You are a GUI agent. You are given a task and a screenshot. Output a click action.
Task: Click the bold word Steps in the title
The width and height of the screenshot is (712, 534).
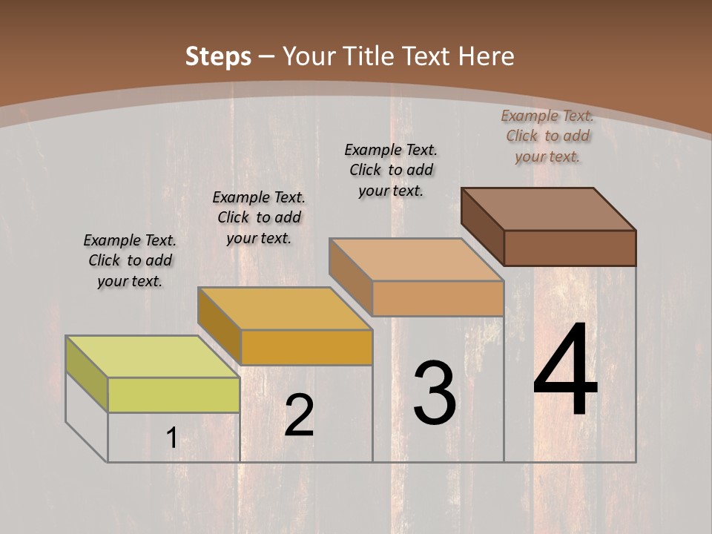point(218,56)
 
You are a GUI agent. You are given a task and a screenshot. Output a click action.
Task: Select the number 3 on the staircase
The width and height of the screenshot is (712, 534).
point(434,393)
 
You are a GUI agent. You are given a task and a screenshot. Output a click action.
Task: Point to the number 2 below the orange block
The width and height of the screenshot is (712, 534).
point(299,415)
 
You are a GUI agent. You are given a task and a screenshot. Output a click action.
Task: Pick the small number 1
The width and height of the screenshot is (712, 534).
point(171,438)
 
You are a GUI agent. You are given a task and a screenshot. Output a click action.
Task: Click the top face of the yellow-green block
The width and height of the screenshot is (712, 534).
point(152,356)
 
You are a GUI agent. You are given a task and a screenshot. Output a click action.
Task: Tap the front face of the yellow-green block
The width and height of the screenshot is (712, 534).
point(174,395)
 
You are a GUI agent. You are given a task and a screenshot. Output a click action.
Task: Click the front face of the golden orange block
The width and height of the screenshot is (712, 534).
point(306,347)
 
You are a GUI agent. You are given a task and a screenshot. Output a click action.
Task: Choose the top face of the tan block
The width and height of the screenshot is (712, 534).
point(416,260)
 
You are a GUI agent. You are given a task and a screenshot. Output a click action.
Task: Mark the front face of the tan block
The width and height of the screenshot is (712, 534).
point(438,298)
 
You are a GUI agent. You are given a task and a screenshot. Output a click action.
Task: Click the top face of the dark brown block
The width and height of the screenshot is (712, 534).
point(548,208)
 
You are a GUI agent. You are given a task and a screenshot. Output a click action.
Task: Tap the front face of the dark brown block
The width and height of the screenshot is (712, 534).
point(570,248)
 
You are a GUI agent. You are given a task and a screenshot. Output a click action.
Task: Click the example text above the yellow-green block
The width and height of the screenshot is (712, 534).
point(130,260)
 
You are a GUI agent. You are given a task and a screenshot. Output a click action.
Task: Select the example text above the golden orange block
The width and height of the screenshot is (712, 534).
point(259,217)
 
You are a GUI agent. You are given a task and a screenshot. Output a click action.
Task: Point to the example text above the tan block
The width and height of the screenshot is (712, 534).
point(391,170)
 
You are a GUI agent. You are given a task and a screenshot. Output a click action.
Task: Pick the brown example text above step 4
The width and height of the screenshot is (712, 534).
point(547,136)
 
